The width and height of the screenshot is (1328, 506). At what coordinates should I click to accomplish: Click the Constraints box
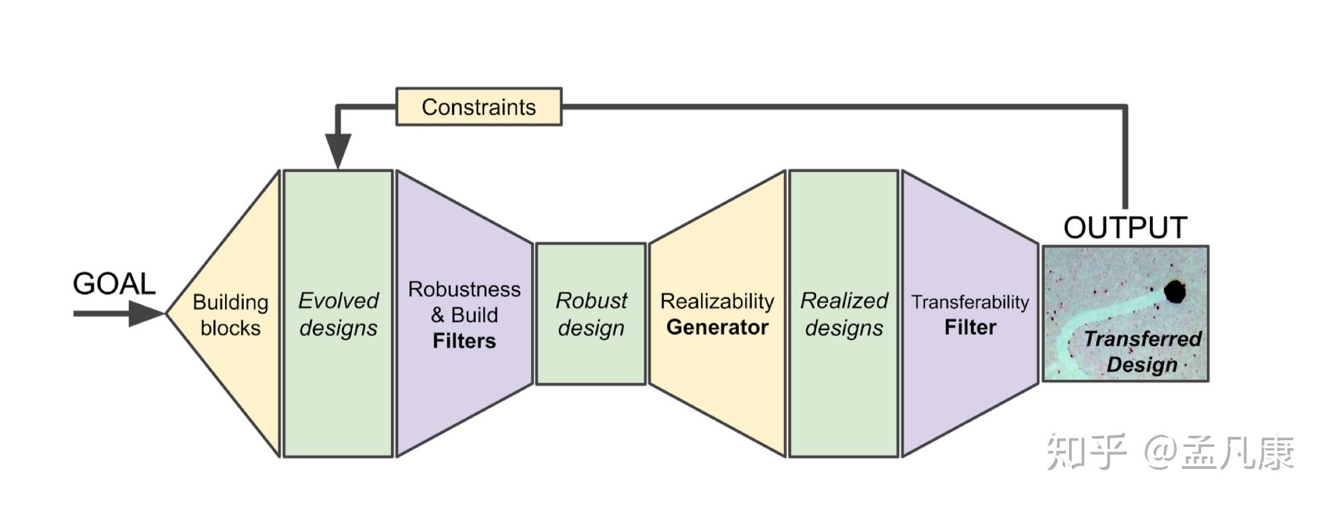tap(479, 107)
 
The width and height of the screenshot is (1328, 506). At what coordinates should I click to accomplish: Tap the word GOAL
tap(114, 284)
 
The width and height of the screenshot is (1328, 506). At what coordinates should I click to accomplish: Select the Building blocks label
tap(230, 315)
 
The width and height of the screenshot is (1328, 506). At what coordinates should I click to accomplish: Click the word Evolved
tap(338, 301)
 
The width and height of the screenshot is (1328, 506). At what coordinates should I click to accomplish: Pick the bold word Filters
tap(464, 341)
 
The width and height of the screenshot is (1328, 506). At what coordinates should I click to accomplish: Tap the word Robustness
tap(464, 290)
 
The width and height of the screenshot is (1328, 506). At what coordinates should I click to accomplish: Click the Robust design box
tap(591, 313)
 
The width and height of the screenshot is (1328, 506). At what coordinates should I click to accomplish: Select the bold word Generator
tap(717, 327)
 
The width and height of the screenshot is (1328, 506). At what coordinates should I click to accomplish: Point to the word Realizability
tap(717, 301)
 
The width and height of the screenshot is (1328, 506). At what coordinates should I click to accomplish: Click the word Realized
tap(844, 301)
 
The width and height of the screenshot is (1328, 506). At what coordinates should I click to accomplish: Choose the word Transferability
tap(970, 302)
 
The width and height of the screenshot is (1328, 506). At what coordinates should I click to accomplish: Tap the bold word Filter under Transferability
tap(970, 327)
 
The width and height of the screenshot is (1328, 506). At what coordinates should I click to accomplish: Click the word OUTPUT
tap(1125, 228)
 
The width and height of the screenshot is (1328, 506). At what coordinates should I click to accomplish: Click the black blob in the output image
tap(1175, 292)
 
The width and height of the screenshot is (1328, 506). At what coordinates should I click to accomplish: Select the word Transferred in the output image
tap(1143, 339)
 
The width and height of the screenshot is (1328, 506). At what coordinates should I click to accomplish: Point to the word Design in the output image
tap(1141, 365)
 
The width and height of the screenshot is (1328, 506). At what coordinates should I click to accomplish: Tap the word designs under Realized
tap(844, 328)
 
